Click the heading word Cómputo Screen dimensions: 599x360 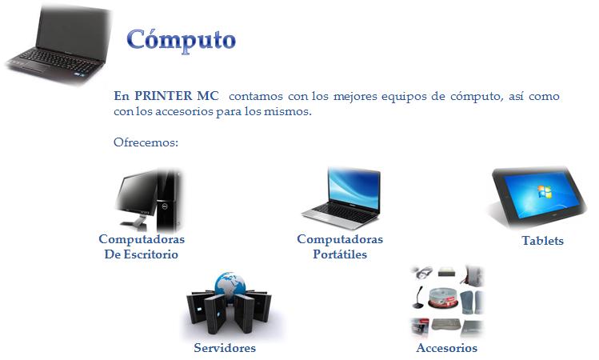(181, 41)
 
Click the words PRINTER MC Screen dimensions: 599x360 (177, 95)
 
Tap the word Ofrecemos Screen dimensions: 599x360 (146, 142)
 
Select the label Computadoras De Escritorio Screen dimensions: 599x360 (142, 246)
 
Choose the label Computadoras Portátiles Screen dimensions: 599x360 (340, 246)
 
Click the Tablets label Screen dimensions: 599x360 (542, 240)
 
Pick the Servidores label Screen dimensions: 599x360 (225, 348)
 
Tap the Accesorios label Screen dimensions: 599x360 (446, 348)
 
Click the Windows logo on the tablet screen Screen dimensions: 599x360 (545, 191)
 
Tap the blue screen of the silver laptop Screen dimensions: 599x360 (353, 190)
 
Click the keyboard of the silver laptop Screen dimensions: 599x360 (344, 212)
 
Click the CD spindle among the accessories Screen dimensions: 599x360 (443, 298)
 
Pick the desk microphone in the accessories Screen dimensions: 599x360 (418, 298)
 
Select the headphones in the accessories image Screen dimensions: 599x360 (422, 273)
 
